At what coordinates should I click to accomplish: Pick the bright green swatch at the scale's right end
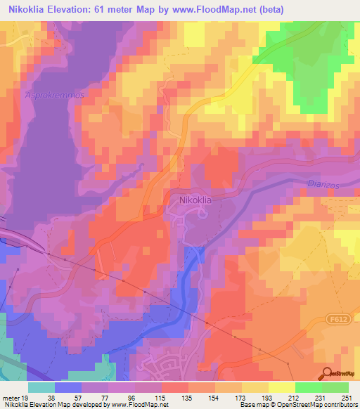(335, 387)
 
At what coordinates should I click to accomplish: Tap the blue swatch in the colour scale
(68, 387)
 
